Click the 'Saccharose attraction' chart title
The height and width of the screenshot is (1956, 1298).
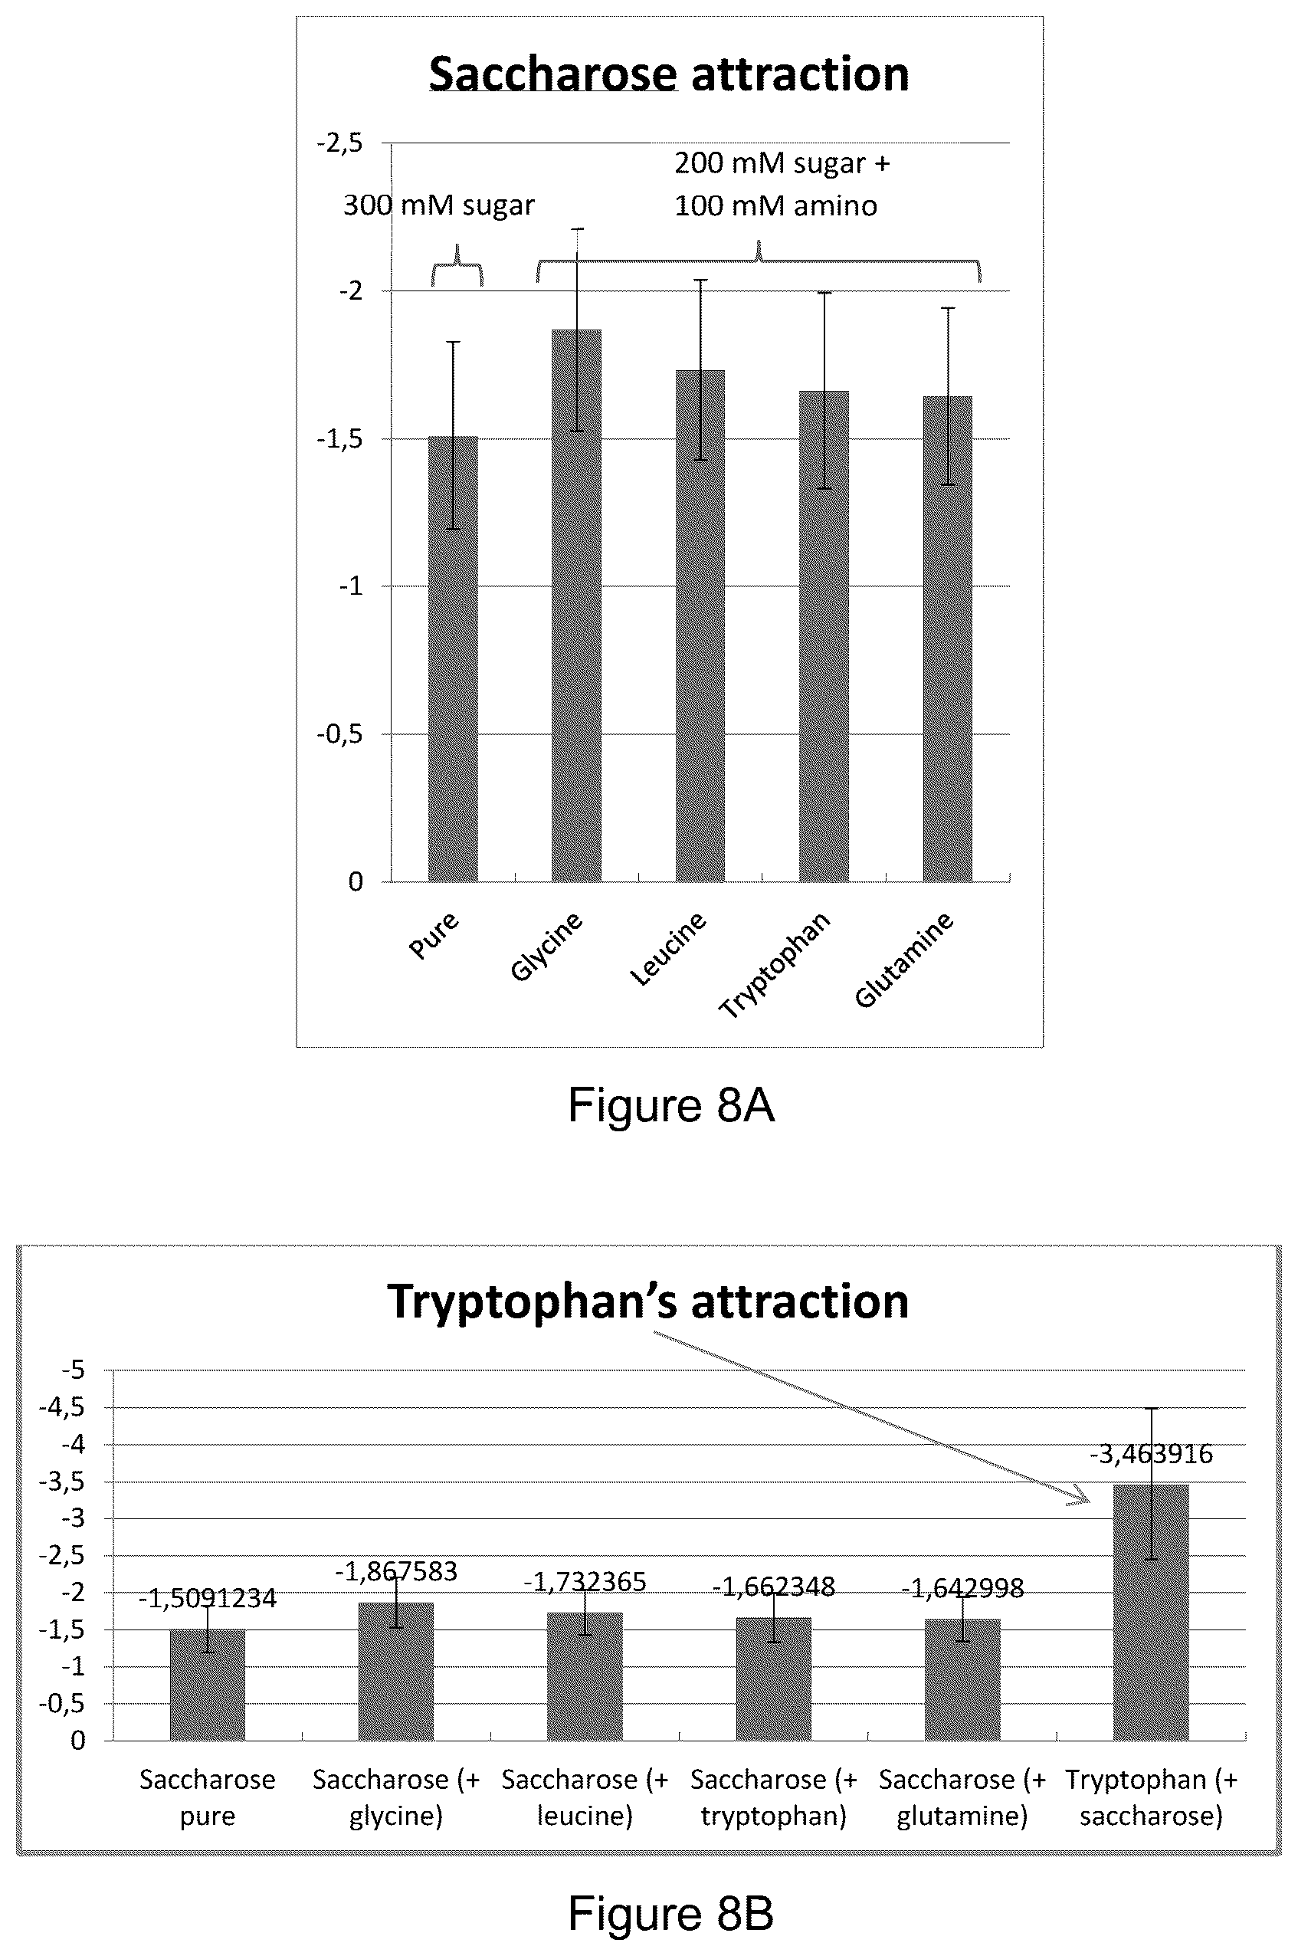pyautogui.click(x=669, y=74)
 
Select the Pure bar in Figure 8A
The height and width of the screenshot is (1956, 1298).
pyautogui.click(x=453, y=658)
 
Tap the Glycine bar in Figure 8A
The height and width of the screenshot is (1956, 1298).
pyautogui.click(x=577, y=606)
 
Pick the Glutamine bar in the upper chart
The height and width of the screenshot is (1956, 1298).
pyautogui.click(x=948, y=638)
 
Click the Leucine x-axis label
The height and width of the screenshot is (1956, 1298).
pyautogui.click(x=668, y=949)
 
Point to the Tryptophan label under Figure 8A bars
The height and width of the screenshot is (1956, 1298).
pyautogui.click(x=774, y=966)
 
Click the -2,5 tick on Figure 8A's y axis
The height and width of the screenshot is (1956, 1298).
pyautogui.click(x=339, y=143)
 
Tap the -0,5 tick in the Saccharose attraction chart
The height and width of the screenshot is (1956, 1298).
pyautogui.click(x=339, y=734)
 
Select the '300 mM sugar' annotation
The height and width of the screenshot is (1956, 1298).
pyautogui.click(x=439, y=205)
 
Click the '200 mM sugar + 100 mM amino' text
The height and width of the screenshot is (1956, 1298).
pyautogui.click(x=782, y=184)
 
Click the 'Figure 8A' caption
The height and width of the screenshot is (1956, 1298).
pyautogui.click(x=671, y=1104)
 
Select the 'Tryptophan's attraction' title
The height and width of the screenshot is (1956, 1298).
pyautogui.click(x=648, y=1301)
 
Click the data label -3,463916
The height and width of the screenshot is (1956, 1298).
pyautogui.click(x=1151, y=1454)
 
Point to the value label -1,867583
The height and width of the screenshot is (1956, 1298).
pyautogui.click(x=395, y=1571)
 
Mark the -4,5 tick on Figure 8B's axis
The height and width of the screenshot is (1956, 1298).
pyautogui.click(x=62, y=1407)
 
